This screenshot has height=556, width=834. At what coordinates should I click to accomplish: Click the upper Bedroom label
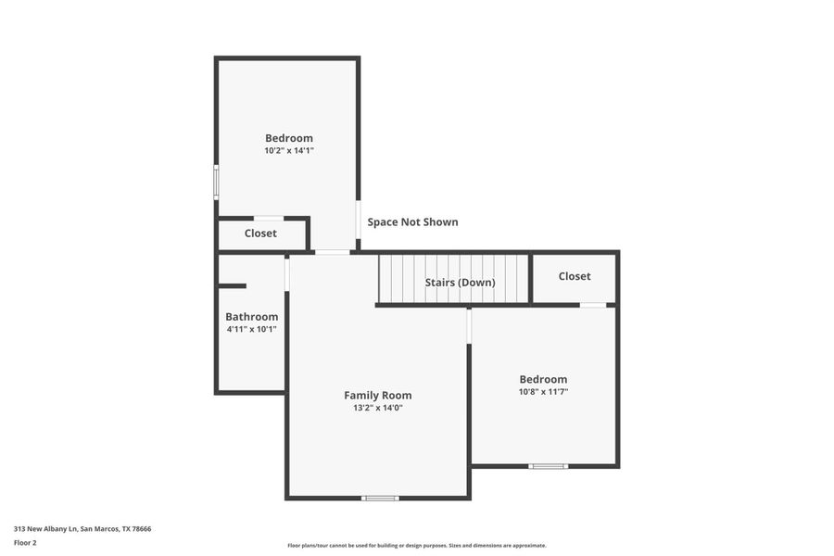tap(288, 138)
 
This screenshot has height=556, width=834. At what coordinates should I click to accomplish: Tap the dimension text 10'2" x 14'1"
tap(288, 150)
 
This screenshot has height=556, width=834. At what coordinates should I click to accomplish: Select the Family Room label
tap(377, 395)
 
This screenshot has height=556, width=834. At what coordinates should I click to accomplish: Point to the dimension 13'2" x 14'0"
tap(377, 408)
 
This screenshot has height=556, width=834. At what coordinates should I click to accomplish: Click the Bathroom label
tap(251, 316)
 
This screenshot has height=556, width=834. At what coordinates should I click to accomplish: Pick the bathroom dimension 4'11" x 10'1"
tap(251, 329)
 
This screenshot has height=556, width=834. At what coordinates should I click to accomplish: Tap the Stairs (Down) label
tap(460, 282)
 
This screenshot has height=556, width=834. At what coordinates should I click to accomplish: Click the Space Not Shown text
tap(412, 222)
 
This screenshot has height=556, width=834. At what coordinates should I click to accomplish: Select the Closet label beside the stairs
tap(575, 276)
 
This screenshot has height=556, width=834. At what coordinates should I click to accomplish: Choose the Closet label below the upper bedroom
tap(260, 234)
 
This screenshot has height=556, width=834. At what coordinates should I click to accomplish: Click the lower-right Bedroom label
tap(543, 379)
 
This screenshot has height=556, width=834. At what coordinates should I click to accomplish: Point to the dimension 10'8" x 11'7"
tap(543, 392)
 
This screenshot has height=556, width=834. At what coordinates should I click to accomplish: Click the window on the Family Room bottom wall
tap(380, 499)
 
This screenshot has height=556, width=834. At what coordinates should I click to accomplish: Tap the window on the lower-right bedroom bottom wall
tap(548, 466)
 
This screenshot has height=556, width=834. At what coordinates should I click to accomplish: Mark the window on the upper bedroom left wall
tap(216, 182)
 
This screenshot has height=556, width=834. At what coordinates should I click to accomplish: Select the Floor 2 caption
tap(26, 543)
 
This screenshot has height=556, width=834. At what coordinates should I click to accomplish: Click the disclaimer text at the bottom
tap(416, 546)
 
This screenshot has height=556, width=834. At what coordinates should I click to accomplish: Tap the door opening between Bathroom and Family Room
tap(287, 273)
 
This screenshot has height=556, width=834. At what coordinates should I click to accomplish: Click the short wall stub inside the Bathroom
tap(232, 286)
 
